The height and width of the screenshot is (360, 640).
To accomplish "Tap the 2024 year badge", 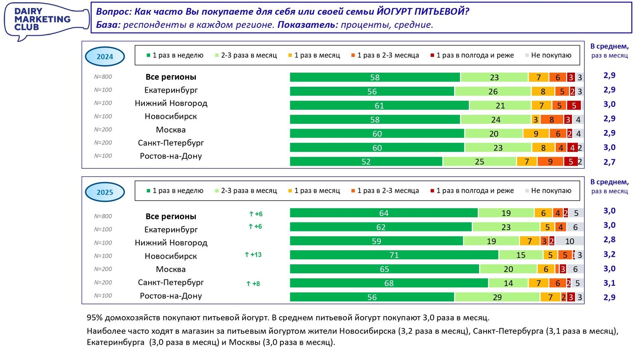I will point(105,57).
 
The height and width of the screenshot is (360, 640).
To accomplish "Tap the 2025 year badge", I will point(105,192).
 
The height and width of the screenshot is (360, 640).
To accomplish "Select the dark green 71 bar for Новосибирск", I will point(394,255).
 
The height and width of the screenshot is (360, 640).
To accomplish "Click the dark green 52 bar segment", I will point(366,162).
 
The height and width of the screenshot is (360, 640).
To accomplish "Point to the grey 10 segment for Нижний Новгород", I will point(570,241).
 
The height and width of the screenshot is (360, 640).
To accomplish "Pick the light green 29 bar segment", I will point(497,297).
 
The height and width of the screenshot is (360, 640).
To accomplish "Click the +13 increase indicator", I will point(253,254).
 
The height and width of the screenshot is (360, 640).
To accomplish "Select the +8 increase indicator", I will point(253,283).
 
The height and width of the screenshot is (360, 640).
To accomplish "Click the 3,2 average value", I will point(609,254).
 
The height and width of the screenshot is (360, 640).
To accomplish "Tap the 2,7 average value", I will point(609,162).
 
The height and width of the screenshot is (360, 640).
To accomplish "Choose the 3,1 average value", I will point(609,283).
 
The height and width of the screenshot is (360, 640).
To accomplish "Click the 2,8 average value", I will point(609,240).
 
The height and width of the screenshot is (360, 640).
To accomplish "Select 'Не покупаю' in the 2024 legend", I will point(551,55).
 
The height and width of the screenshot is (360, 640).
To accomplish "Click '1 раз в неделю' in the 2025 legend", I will point(178,190).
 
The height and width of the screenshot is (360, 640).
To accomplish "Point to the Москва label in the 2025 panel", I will point(171,269).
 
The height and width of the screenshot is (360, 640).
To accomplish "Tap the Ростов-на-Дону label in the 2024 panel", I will point(171,156).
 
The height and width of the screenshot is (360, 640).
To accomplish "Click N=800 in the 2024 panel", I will point(103,77).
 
